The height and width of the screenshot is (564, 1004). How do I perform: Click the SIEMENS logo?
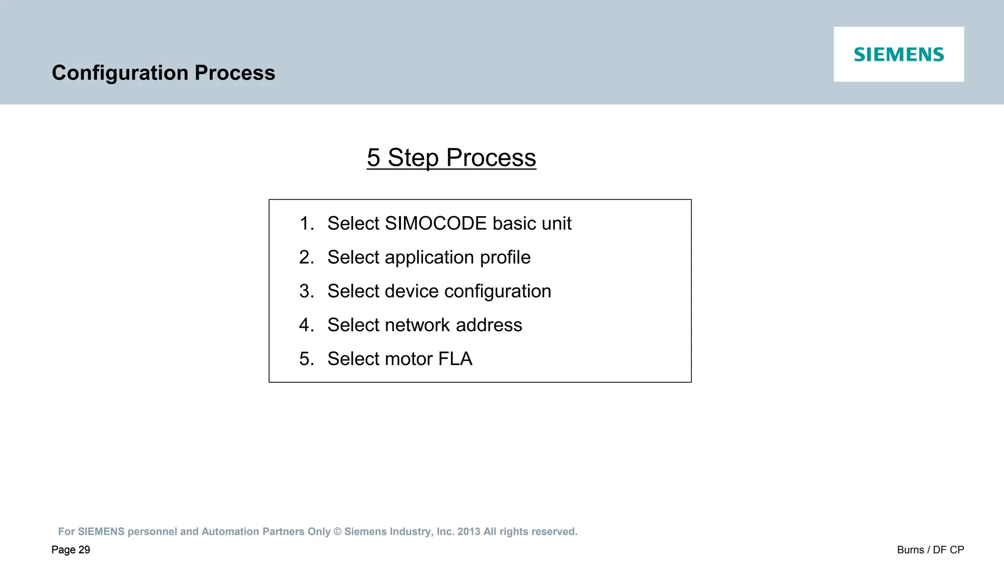pos(899,54)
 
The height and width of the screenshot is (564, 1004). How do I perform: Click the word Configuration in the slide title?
pos(120,73)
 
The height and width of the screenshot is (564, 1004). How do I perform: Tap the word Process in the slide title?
pos(235,73)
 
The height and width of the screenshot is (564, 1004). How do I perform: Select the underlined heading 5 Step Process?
pos(451,158)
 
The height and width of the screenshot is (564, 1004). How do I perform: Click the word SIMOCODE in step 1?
pos(436,223)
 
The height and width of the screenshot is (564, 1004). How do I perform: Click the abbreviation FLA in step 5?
pos(455,359)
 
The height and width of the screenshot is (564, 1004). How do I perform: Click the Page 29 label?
pos(71,550)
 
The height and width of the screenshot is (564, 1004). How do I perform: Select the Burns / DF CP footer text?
pos(930,550)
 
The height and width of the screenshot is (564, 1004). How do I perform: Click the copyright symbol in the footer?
pos(337,532)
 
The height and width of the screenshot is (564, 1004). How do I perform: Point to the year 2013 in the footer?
pos(469,532)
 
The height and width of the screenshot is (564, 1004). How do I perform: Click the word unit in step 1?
pos(556,223)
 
